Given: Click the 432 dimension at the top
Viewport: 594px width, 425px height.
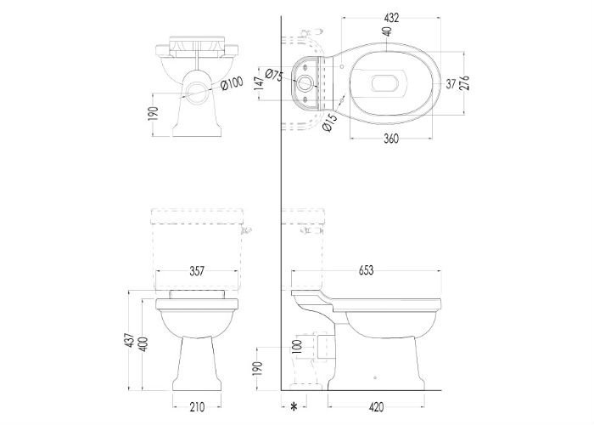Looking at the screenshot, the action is [391, 18].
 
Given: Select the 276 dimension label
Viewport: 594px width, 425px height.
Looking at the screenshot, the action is [464, 82].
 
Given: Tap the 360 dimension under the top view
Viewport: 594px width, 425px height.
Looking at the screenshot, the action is [391, 139].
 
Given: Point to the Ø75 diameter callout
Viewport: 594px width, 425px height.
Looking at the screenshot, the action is [274, 75].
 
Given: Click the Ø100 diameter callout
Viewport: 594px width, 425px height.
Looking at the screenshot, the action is [231, 83].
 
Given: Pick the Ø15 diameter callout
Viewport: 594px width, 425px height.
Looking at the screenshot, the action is [329, 122].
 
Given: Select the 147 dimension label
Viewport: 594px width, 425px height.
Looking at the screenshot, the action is [259, 83].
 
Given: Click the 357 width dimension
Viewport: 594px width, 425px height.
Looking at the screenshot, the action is [197, 271].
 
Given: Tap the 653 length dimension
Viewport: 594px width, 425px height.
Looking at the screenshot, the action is [366, 270].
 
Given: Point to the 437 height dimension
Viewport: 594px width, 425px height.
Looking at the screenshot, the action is [131, 340].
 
